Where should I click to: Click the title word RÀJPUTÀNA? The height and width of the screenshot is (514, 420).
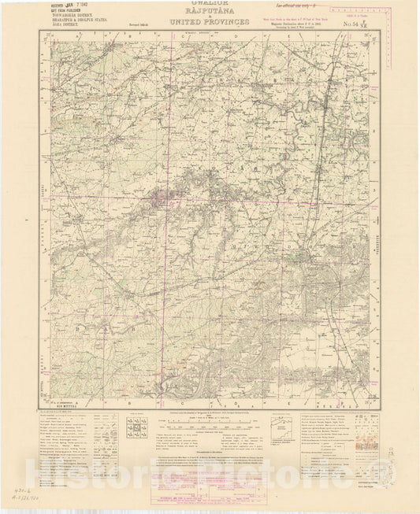[209, 13]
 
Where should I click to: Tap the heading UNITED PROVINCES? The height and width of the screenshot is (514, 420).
[209, 23]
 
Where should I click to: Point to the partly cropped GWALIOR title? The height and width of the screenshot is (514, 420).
[209, 3]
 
